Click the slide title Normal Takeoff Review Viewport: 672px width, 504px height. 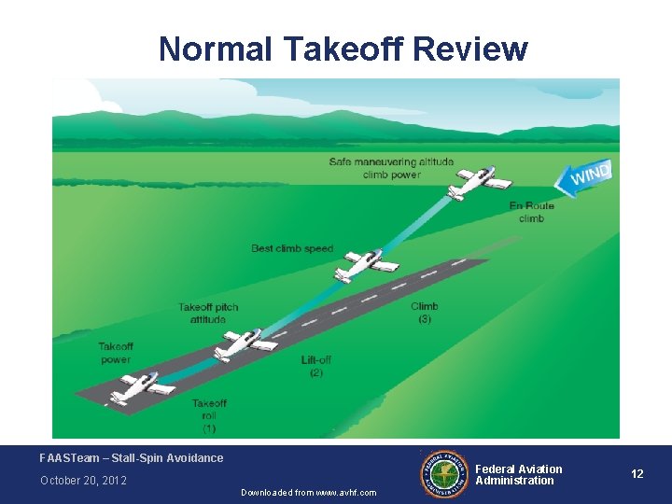tap(343, 49)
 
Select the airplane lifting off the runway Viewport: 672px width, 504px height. tap(245, 344)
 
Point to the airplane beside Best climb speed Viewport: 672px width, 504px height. tap(365, 265)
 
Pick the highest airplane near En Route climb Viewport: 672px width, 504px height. tap(479, 182)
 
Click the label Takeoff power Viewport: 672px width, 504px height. tap(116, 353)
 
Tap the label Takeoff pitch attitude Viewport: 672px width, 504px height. tap(208, 313)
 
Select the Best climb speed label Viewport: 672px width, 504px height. tap(292, 248)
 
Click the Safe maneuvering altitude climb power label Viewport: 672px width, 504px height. tap(391, 168)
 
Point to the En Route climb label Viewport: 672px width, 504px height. tap(531, 212)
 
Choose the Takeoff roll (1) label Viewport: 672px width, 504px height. tap(209, 415)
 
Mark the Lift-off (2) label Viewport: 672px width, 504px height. tap(316, 366)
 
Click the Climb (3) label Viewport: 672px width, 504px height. tap(424, 313)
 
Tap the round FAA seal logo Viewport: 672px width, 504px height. tap(446, 474)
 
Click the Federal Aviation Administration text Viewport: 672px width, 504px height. tap(519, 475)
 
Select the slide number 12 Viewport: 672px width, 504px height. tap(637, 474)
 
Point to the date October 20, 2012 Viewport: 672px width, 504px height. tap(83, 481)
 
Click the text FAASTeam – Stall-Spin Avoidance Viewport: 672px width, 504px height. tap(132, 458)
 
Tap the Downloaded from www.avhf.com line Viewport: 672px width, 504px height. tap(308, 492)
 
